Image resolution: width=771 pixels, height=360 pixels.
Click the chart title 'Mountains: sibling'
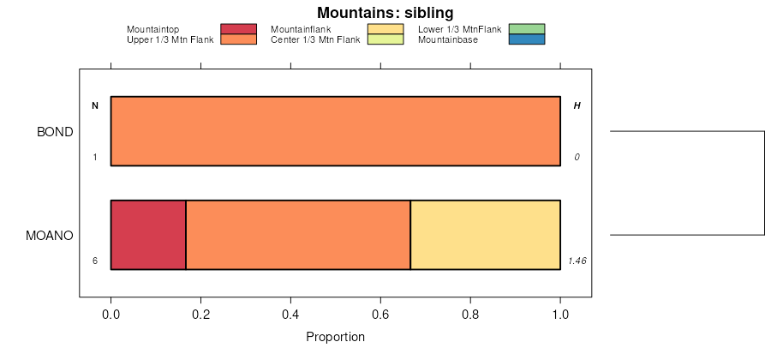(385, 13)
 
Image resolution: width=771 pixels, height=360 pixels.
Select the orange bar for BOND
(335, 131)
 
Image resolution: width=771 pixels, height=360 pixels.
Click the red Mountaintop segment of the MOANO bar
(148, 235)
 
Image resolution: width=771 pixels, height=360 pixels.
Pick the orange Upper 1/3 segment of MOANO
(298, 235)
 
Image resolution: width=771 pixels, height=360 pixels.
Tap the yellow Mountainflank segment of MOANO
(485, 235)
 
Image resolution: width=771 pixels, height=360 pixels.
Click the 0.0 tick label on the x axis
(111, 315)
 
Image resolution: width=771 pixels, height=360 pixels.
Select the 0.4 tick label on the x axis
(290, 315)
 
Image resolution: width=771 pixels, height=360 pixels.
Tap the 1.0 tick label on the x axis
(560, 315)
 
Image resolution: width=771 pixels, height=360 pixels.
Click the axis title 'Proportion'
(335, 337)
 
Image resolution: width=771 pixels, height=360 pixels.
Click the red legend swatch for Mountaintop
(238, 29)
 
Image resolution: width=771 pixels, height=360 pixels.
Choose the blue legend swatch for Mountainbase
(526, 39)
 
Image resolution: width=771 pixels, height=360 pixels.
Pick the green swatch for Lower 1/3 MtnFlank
(526, 29)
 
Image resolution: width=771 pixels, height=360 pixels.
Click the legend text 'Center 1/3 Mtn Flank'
(315, 39)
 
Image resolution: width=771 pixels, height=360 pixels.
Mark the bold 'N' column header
(95, 106)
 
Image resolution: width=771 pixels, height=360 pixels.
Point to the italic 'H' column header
(577, 106)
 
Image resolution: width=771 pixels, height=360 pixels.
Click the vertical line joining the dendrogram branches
(763, 183)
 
